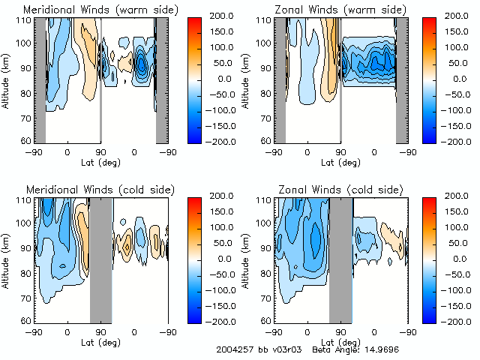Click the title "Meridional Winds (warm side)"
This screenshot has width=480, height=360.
(x=90, y=10)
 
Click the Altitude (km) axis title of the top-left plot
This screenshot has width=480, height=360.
(x=7, y=78)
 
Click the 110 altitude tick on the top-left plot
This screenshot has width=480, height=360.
(x=25, y=19)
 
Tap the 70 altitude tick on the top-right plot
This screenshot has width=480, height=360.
(x=267, y=117)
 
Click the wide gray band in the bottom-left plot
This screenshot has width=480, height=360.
(x=100, y=259)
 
